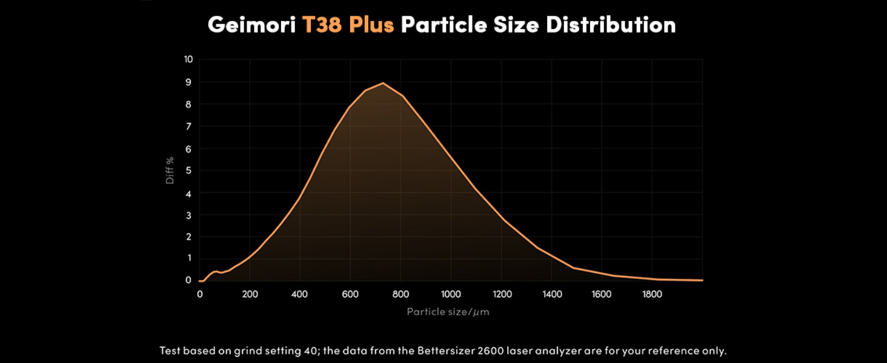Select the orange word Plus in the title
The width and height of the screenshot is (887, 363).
pos(371,25)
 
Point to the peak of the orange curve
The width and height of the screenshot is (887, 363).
pos(383,83)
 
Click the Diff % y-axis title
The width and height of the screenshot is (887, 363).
pos(170,170)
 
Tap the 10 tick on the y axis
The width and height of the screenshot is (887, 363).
pos(188,59)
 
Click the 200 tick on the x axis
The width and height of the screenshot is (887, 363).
pos(250,294)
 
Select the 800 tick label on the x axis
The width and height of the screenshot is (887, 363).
pos(400,294)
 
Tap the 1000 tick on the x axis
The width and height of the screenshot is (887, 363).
pos(451,294)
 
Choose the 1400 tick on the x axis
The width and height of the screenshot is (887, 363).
pos(551,294)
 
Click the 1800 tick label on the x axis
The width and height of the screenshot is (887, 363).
pos(652,294)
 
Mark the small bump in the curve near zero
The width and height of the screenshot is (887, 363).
pos(215,272)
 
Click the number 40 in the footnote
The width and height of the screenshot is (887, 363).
pos(316,351)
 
